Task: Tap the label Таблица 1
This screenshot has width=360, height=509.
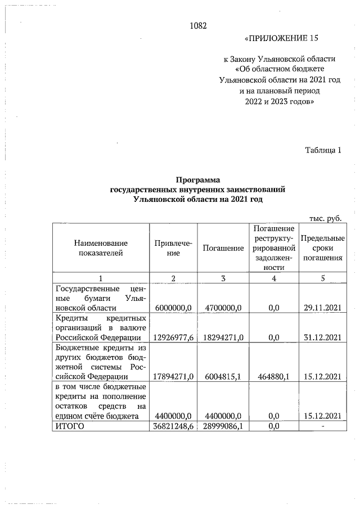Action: pyautogui.click(x=323, y=150)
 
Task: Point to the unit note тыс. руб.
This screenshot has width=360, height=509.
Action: pyautogui.click(x=326, y=218)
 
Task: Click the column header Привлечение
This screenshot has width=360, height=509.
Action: pyautogui.click(x=173, y=248)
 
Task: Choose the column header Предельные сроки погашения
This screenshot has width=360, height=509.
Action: pyautogui.click(x=323, y=248)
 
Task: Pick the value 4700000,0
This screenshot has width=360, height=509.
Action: pyautogui.click(x=223, y=308)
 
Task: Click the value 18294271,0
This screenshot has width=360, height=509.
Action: pyautogui.click(x=223, y=337)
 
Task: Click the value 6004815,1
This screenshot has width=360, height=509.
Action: pyautogui.click(x=223, y=376)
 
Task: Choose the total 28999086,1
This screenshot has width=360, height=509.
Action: pyautogui.click(x=223, y=426)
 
